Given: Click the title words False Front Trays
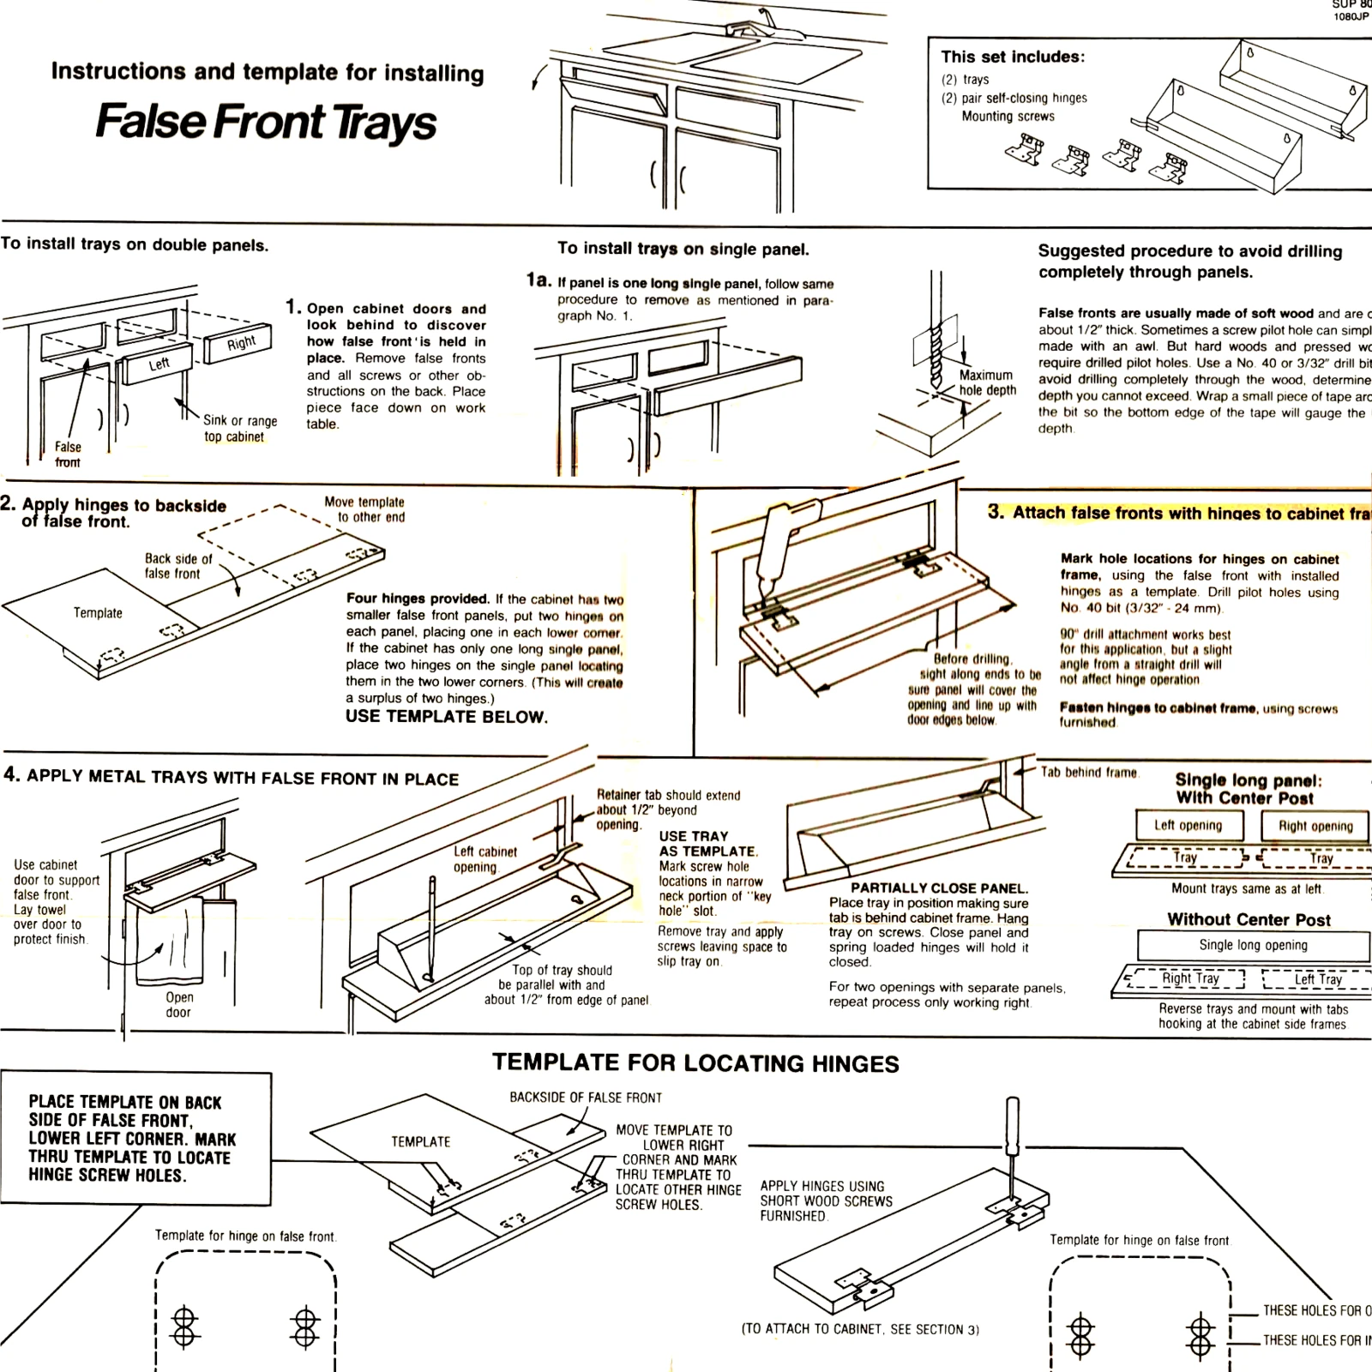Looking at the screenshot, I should (266, 122).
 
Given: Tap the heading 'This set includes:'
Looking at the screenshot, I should (1012, 57).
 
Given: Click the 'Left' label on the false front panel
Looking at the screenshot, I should (159, 364).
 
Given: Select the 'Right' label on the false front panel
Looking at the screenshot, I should (241, 344).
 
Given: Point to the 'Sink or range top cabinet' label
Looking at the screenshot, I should (239, 428).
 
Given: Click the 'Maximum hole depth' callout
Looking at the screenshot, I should (987, 382).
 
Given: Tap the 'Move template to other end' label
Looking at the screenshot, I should (364, 509).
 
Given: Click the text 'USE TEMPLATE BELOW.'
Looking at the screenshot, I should (446, 717).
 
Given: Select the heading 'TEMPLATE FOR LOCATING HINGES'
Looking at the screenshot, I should (695, 1064).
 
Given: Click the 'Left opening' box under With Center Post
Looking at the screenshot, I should (1188, 825).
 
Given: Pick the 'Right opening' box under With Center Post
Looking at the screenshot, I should (1315, 826).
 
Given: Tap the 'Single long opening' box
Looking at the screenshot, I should (1253, 945).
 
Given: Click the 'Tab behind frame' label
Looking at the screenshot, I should (1089, 772).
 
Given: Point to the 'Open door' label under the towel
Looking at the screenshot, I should (179, 1004).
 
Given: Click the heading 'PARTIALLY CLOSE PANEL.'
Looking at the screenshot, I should (938, 888).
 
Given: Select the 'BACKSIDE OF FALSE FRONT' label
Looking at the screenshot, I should (586, 1098).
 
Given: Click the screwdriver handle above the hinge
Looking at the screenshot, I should (1013, 1119).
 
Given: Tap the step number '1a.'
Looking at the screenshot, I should (539, 280).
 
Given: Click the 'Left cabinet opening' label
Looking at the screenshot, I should (484, 858).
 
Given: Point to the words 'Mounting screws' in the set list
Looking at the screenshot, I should (1008, 117).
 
